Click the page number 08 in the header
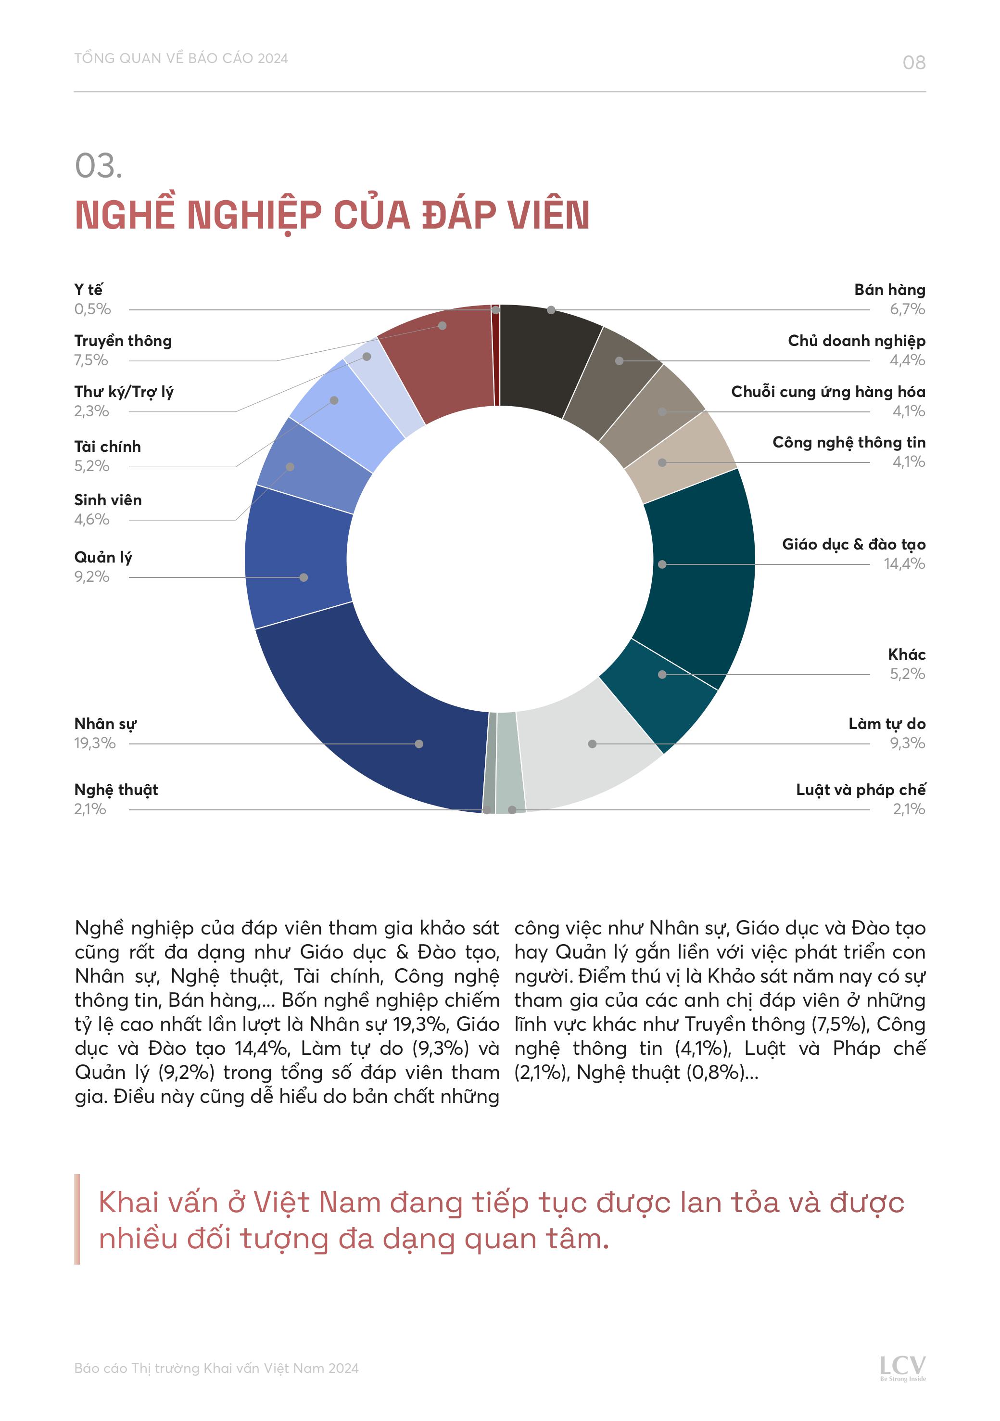pos(913,63)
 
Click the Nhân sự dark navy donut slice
pos(371,724)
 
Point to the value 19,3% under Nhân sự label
pos(95,743)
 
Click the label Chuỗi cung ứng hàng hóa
pos(828,392)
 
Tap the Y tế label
pos(89,290)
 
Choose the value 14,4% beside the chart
pos(904,564)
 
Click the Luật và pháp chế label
pos(860,790)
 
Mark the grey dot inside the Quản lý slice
pos(303,577)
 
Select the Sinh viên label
pos(108,500)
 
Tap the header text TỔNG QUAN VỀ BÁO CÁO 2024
pos(181,58)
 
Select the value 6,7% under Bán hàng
pos(907,309)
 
